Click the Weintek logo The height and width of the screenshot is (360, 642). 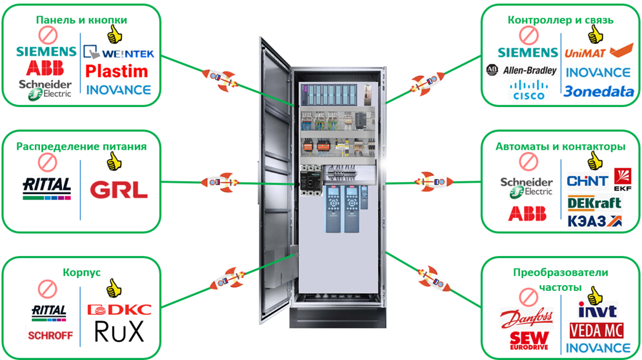119,54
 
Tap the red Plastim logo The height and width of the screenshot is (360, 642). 117,71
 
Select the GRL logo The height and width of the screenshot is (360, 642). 119,190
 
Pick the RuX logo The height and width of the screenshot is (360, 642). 119,332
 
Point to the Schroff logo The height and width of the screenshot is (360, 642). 48,335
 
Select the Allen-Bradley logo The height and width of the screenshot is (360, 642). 521,70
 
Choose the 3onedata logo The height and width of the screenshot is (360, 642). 598,92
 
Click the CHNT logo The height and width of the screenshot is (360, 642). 587,181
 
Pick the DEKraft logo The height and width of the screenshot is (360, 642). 594,203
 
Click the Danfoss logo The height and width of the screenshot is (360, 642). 527,319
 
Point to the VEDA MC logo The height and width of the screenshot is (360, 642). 597,330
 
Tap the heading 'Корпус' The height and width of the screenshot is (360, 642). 81,272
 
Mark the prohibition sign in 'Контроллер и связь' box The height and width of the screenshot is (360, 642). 528,34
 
